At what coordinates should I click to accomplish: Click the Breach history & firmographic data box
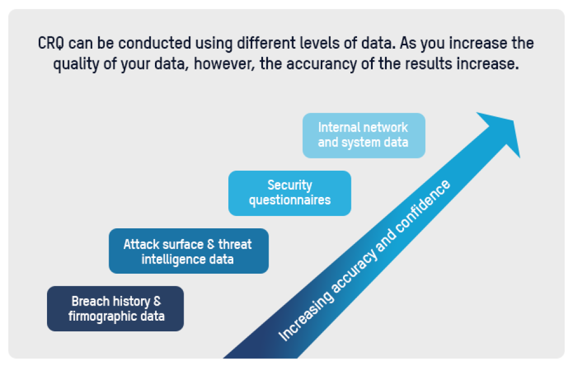click(x=115, y=308)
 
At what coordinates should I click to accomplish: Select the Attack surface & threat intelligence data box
click(x=188, y=251)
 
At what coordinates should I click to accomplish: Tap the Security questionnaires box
click(x=289, y=193)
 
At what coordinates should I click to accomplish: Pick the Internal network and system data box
click(x=363, y=135)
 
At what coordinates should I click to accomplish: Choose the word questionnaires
click(x=289, y=200)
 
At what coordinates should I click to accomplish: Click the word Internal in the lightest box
click(x=339, y=128)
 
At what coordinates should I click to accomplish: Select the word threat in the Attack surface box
click(x=234, y=244)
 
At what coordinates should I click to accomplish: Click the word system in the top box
click(x=362, y=142)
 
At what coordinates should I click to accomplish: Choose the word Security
click(x=289, y=185)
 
